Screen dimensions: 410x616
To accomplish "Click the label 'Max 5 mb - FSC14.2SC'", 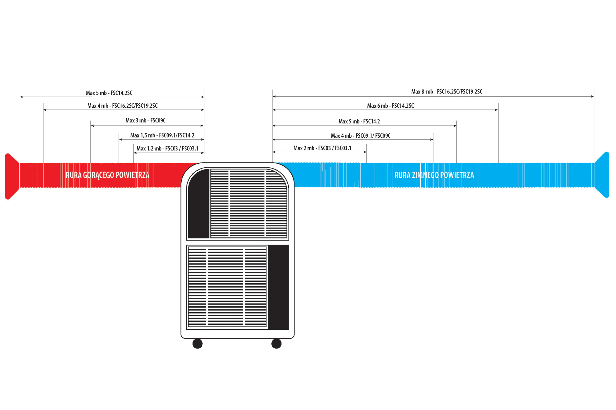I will click(x=109, y=93).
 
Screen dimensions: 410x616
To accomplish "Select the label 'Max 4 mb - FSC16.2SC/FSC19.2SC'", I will click(x=122, y=106).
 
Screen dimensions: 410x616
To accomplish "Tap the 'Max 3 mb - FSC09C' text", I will click(x=145, y=121).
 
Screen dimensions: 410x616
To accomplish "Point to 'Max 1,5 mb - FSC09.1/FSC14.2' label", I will click(x=162, y=135).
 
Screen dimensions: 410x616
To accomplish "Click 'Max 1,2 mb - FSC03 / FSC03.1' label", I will click(x=168, y=149).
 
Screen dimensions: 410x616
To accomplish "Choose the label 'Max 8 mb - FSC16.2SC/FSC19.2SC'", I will click(x=447, y=92).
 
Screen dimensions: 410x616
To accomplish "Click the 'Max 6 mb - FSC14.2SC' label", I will click(x=390, y=106).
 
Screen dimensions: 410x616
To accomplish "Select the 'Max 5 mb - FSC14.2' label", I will click(x=359, y=121).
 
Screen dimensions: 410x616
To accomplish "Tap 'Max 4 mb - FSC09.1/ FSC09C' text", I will click(x=360, y=136).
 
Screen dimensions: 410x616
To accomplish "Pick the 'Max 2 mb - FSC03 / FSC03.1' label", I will click(x=322, y=148).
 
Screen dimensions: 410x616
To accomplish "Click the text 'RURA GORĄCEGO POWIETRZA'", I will click(x=107, y=175).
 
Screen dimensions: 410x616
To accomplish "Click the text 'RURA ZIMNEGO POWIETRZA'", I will click(x=434, y=175).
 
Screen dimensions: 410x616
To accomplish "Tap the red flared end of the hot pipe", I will click(x=12, y=176).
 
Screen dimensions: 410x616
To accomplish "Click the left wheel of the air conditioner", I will click(x=197, y=343).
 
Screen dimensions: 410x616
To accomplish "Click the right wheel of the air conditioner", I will click(x=276, y=343).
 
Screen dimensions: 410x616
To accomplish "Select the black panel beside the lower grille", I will click(x=278, y=287).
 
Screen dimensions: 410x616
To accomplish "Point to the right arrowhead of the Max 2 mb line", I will click(x=365, y=152).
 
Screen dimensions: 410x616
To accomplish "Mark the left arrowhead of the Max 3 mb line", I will click(x=92, y=125).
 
